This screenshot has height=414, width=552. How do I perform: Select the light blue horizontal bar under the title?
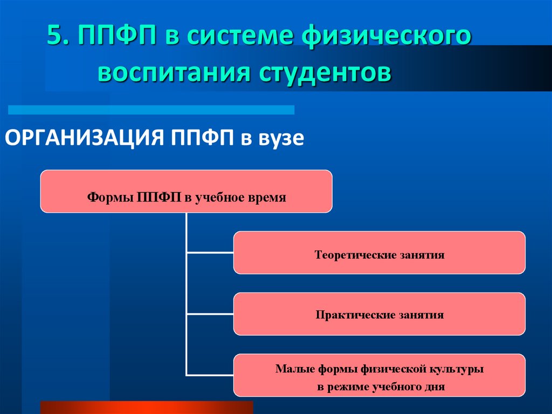151,110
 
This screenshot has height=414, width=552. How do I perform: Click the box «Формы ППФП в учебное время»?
186,191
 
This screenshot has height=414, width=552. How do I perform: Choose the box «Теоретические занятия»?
379,253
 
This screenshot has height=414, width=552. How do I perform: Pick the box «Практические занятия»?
379,314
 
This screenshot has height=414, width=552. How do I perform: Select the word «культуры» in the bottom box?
456,370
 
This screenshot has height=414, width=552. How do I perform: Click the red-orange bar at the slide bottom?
146,407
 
